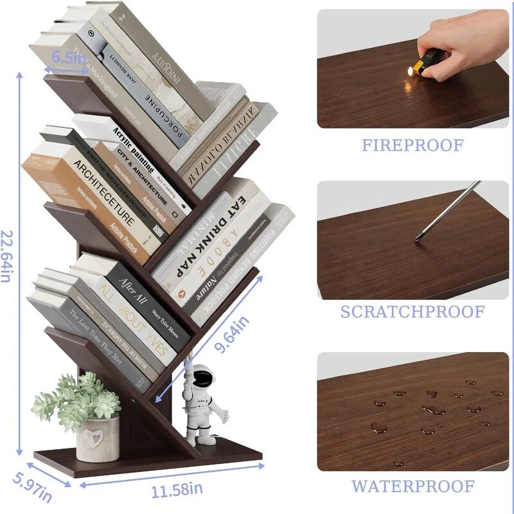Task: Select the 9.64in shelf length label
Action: click(232, 333)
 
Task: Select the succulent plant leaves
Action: click(77, 398)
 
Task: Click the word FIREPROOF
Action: click(412, 145)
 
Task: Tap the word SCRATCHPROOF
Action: click(412, 312)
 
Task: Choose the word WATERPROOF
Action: click(412, 486)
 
